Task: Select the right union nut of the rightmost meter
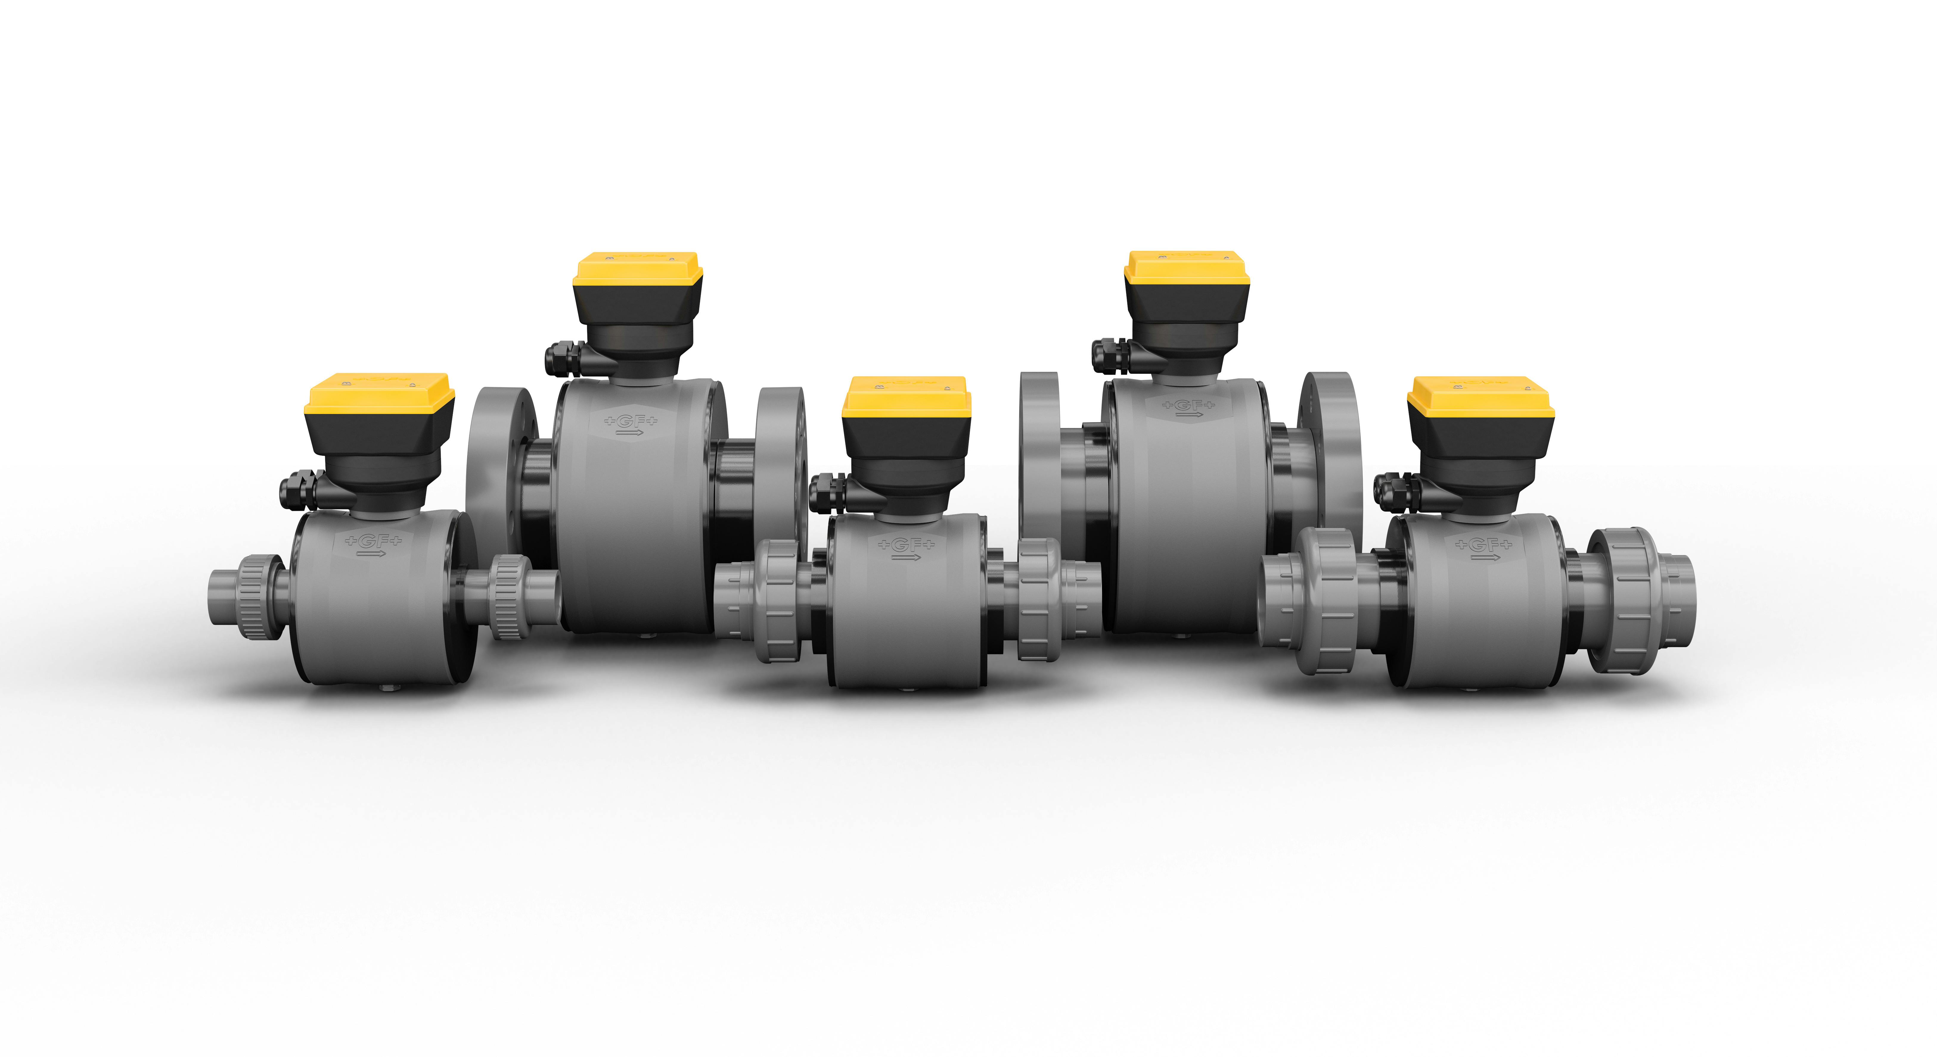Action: coord(1624,600)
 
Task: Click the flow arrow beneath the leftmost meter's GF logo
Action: coord(371,554)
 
